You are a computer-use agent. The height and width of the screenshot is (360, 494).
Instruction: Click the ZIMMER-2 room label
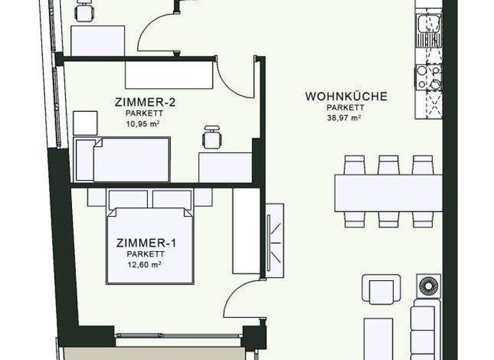[145, 102]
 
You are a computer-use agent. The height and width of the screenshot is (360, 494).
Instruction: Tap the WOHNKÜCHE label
[346, 96]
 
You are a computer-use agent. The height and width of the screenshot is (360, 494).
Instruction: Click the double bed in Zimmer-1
[151, 244]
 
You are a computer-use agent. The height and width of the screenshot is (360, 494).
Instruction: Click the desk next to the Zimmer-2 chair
[224, 166]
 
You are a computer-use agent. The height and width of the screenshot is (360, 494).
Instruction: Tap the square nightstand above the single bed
[85, 123]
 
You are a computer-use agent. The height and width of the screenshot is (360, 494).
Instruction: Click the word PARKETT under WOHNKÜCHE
[345, 107]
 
